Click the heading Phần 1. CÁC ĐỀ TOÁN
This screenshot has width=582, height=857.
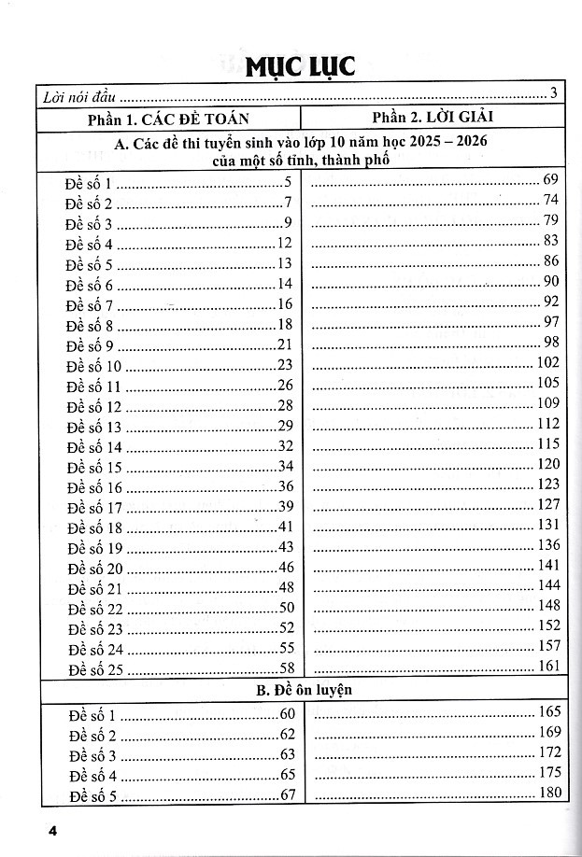point(169,118)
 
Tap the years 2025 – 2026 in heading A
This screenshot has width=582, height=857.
point(448,142)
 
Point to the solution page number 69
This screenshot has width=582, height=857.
point(550,179)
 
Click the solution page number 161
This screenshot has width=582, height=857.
point(548,666)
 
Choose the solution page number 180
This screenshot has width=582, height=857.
point(548,793)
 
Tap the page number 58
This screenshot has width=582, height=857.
point(286,668)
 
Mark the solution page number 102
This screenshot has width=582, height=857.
point(548,362)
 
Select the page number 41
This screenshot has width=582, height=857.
point(286,527)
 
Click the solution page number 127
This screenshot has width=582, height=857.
point(548,504)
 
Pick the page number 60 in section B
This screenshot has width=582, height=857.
point(286,715)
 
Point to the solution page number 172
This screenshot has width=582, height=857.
point(548,752)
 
